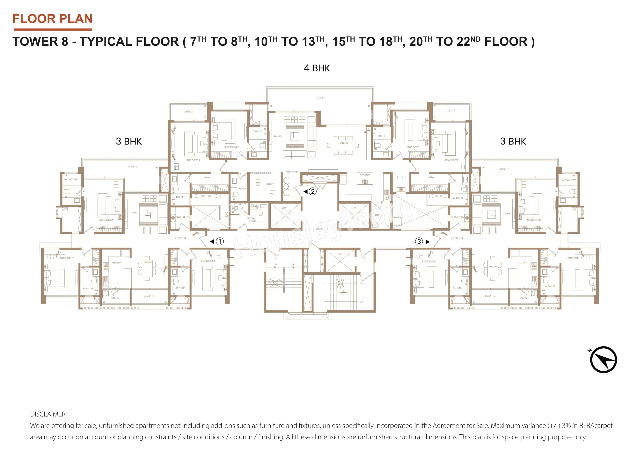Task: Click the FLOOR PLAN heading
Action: (x=52, y=19)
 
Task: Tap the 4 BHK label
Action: (x=317, y=68)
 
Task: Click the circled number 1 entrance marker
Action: (x=220, y=241)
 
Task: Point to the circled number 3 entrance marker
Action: (x=419, y=241)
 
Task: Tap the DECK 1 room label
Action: (x=320, y=98)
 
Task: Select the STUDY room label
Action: (x=270, y=184)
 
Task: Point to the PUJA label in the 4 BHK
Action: (x=400, y=177)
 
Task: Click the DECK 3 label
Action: (x=188, y=112)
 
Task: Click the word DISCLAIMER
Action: (x=48, y=414)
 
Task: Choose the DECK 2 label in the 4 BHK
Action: (x=450, y=111)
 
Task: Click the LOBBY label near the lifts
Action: (x=319, y=229)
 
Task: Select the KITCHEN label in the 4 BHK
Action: (x=365, y=175)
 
